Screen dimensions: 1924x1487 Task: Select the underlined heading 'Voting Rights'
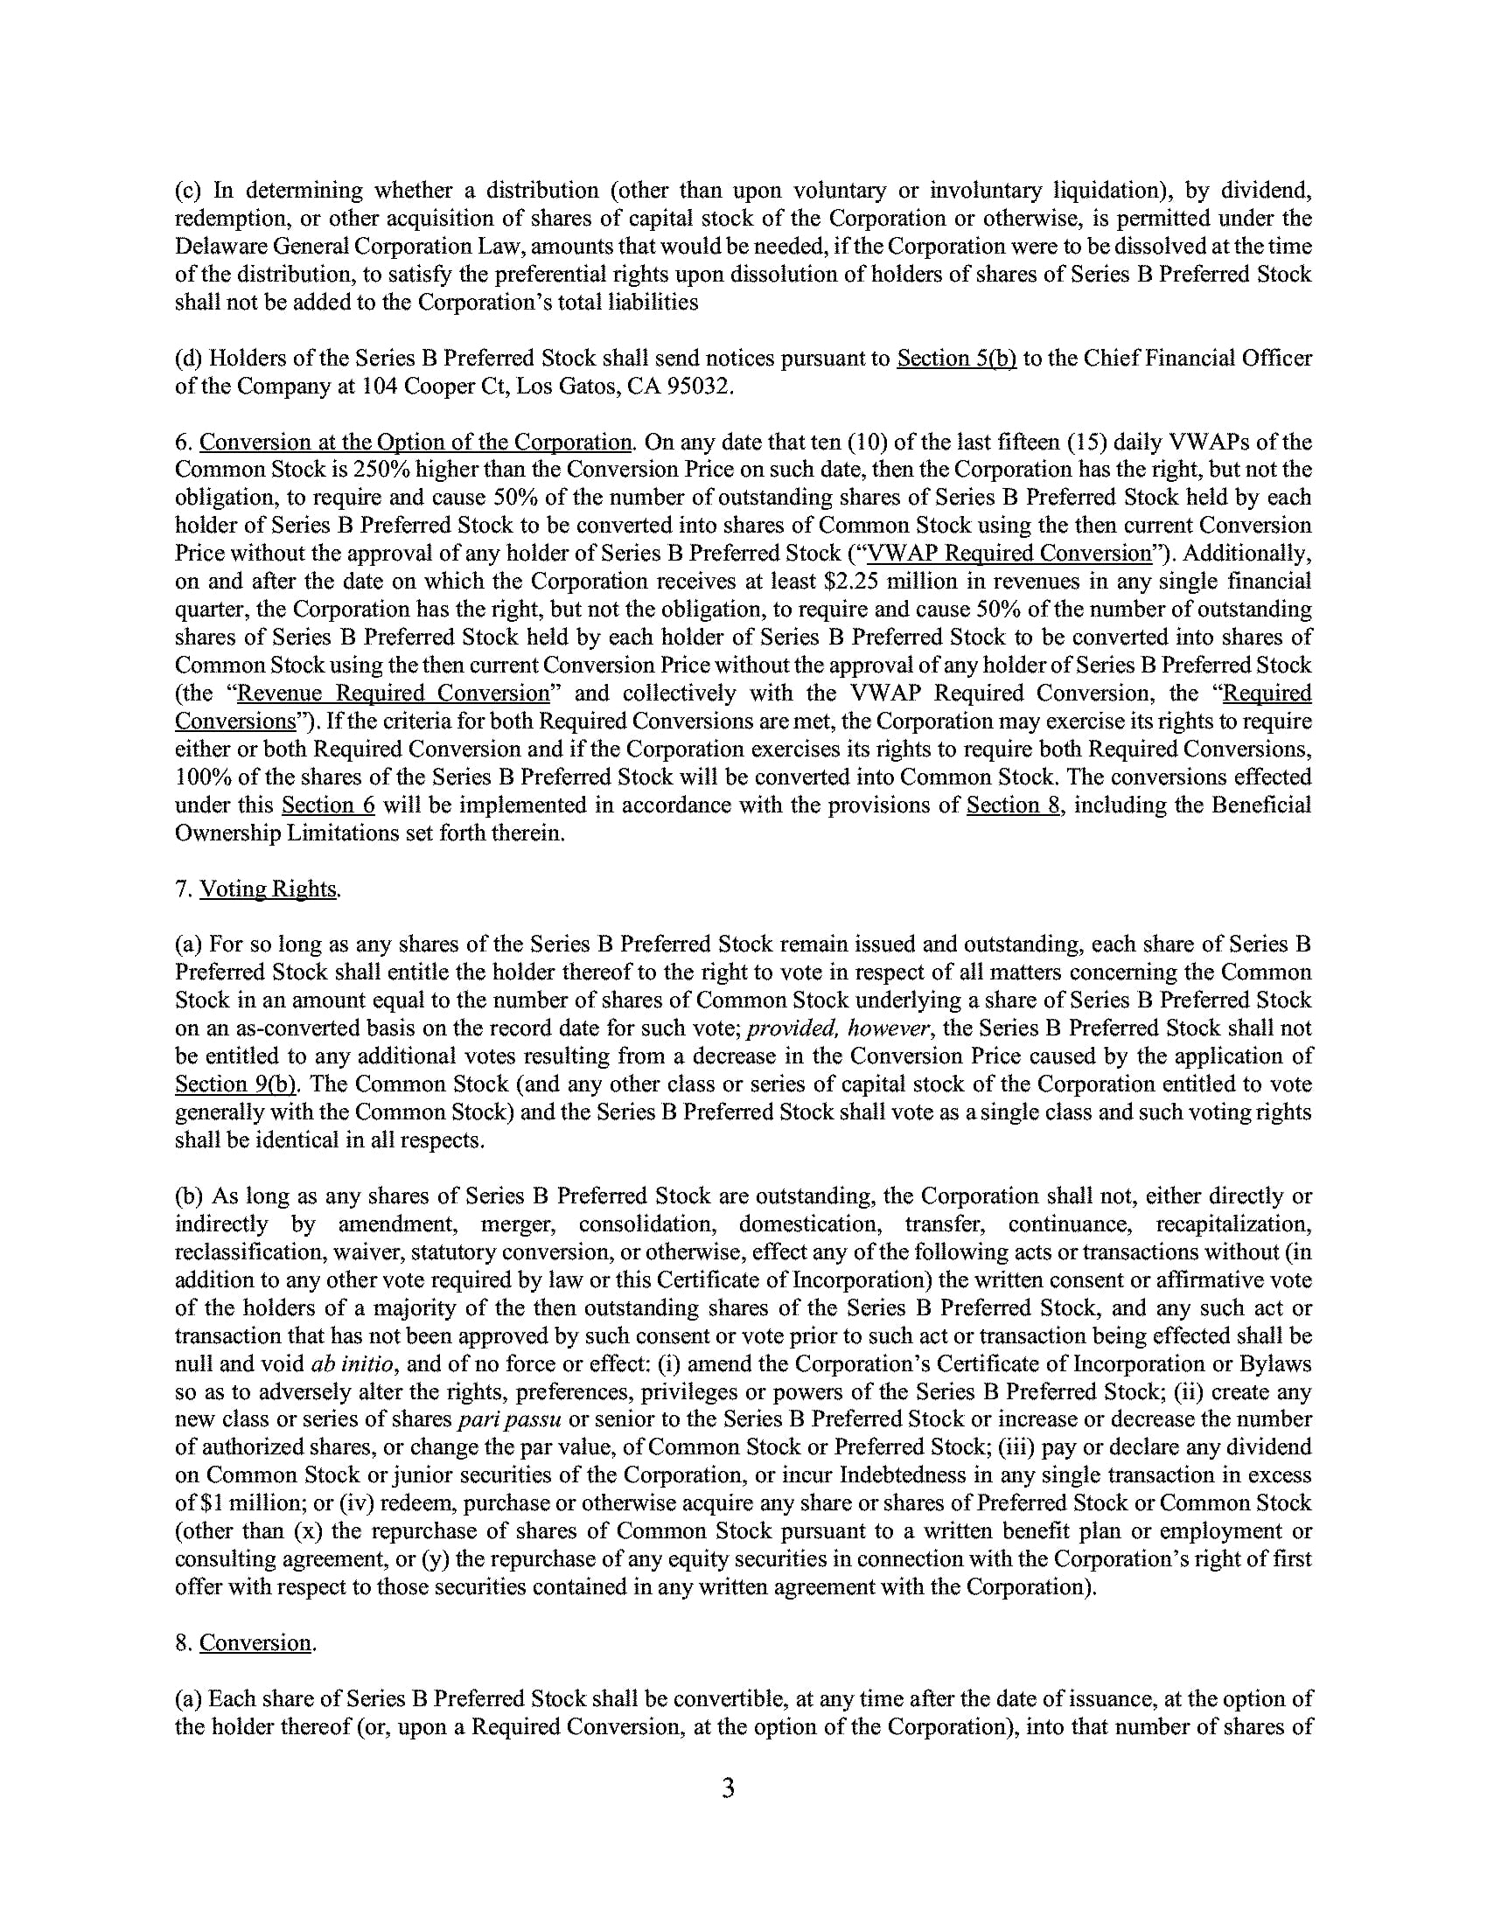tap(269, 889)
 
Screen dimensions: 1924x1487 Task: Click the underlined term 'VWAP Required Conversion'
tap(1009, 554)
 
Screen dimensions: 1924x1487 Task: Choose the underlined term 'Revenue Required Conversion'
tap(394, 694)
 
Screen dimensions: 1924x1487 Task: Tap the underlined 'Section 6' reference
tap(328, 805)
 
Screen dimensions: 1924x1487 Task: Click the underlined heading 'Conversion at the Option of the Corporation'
tap(415, 442)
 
